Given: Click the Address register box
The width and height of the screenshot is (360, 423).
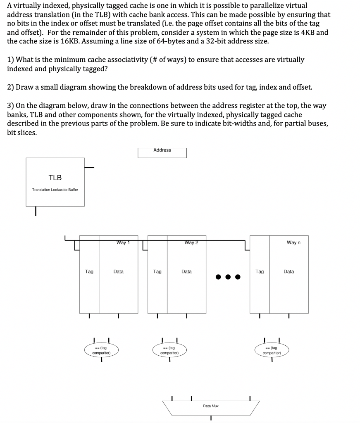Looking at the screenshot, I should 162,152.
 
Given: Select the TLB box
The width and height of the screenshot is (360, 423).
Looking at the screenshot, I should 55,182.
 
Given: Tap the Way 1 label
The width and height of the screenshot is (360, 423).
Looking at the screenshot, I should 123,242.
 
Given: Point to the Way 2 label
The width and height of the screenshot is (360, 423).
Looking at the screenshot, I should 191,242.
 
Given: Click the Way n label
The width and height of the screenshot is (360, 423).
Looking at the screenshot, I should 293,242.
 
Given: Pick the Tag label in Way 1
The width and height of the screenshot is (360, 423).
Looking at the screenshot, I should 89,271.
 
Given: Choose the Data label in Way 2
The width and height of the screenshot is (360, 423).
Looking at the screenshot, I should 186,271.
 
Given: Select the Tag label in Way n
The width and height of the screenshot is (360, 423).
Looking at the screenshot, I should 260,271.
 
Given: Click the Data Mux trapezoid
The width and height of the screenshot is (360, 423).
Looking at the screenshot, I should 211,407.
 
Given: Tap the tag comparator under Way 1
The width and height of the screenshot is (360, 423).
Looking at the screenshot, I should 101,351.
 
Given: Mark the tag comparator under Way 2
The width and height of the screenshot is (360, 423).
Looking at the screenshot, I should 169,351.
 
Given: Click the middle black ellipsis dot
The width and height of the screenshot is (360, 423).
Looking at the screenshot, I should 228,277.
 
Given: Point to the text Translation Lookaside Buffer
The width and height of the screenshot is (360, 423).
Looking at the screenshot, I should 55,190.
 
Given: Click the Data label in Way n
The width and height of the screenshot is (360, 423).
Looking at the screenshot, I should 289,271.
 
